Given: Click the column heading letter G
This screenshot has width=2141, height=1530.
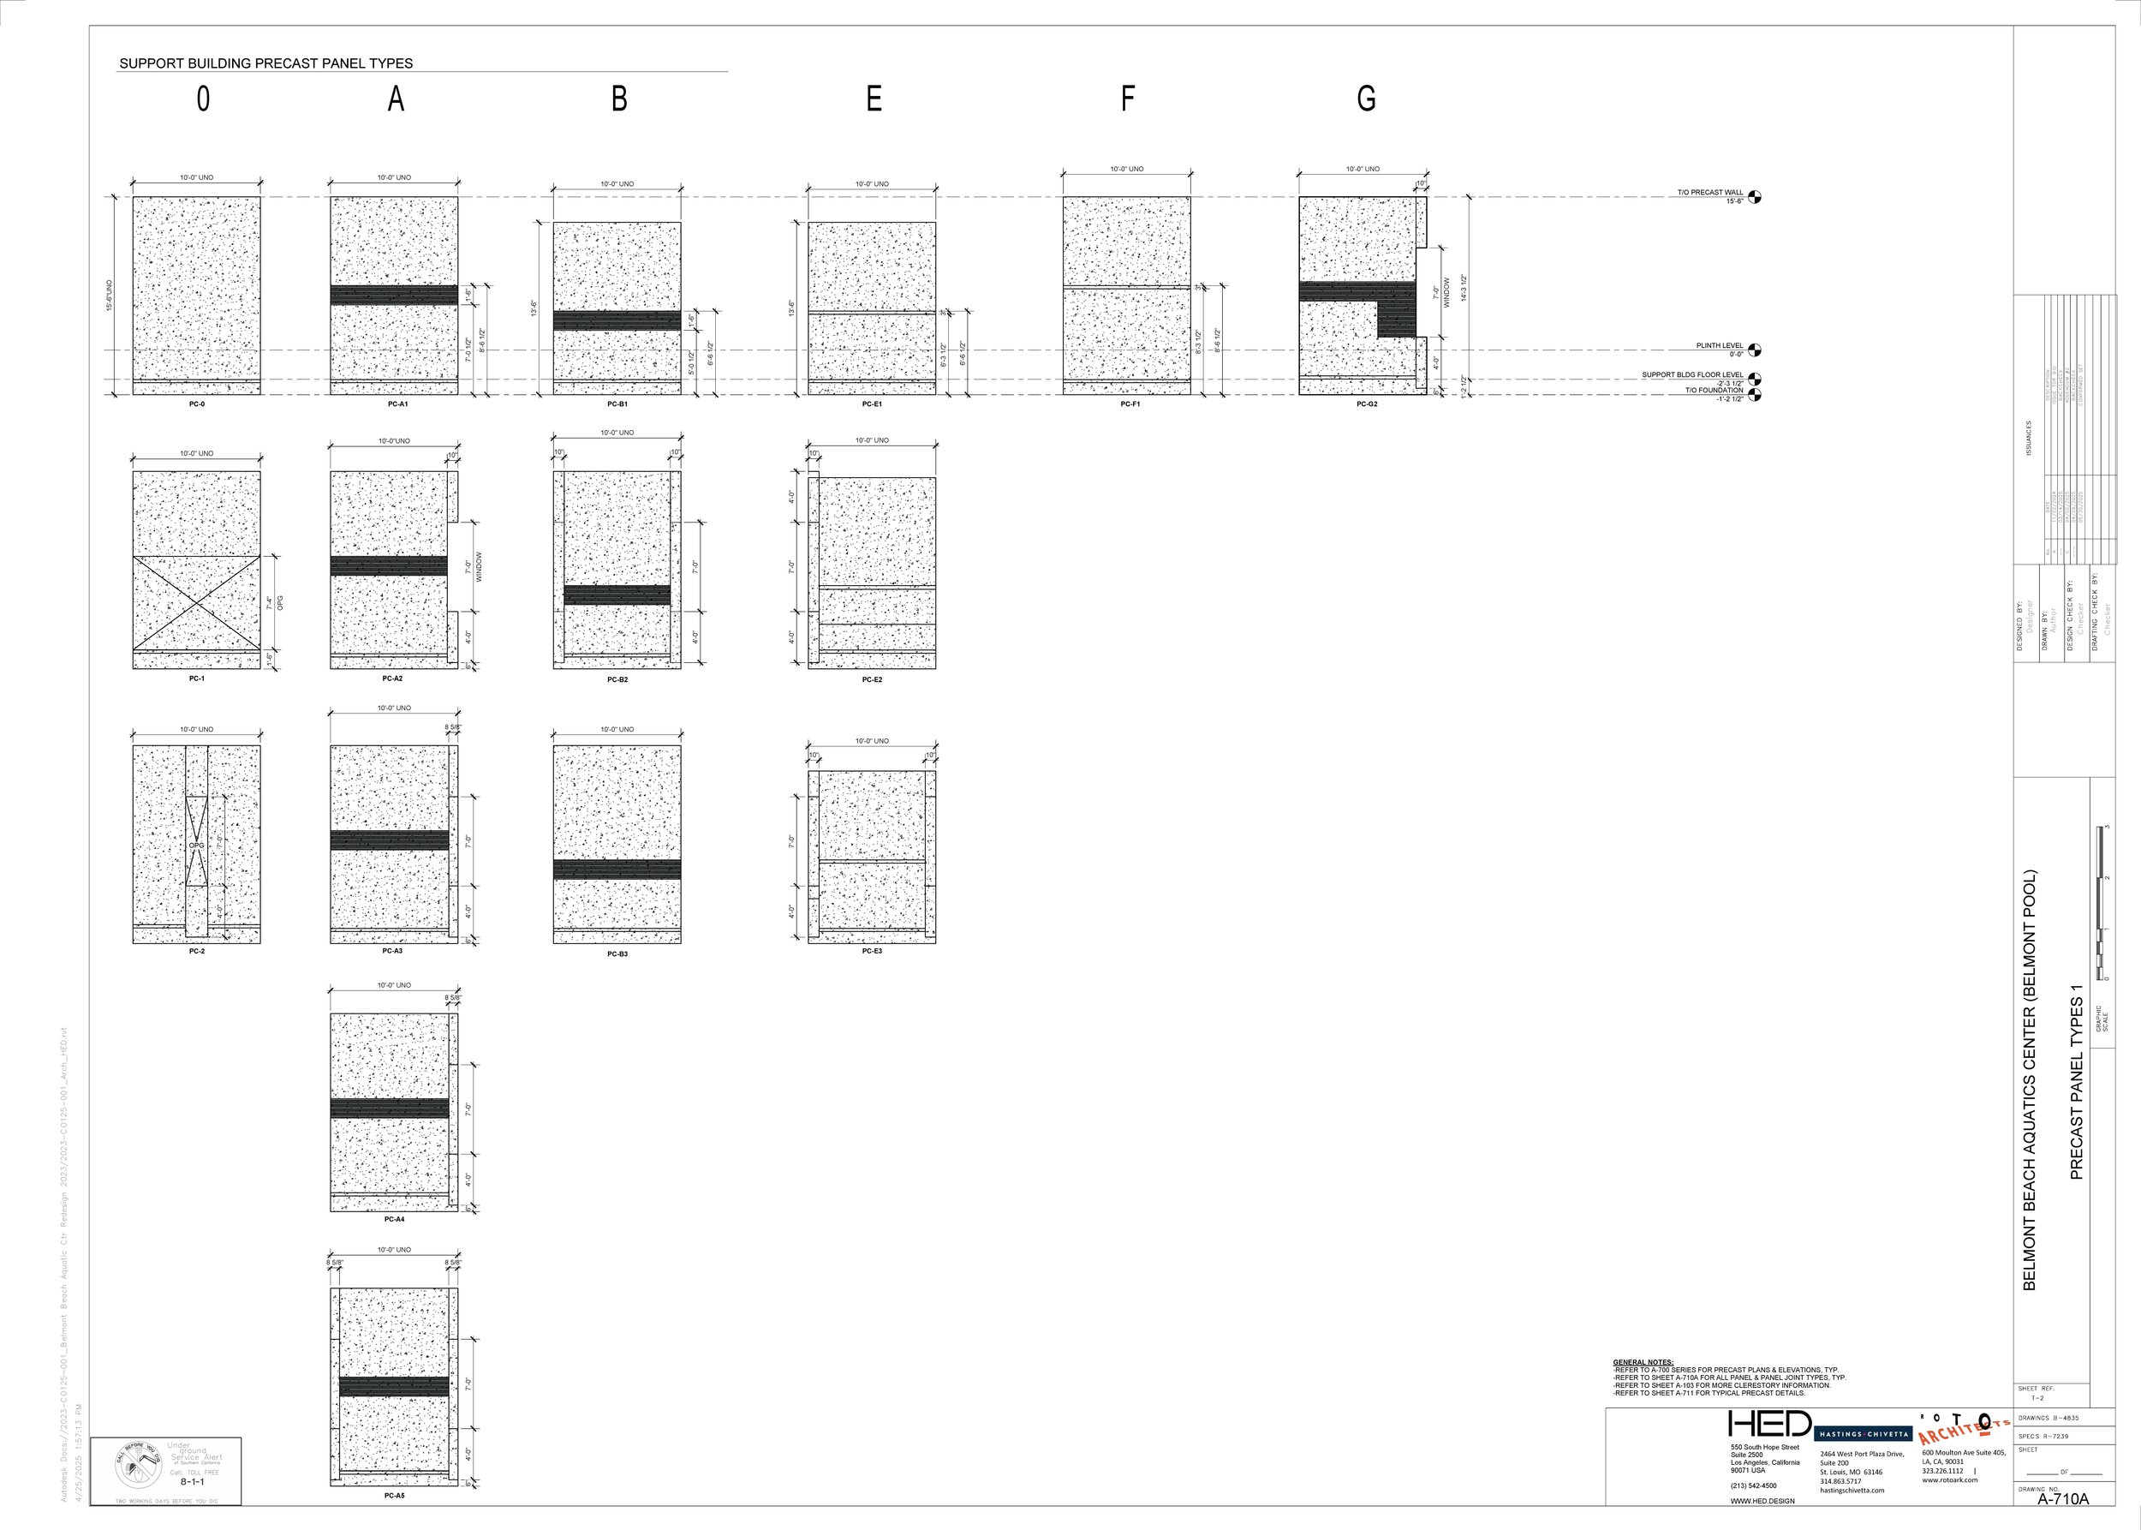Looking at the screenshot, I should tap(1366, 98).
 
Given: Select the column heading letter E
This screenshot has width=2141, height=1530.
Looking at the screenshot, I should tap(874, 98).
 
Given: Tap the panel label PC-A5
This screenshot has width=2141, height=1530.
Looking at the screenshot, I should tap(394, 1495).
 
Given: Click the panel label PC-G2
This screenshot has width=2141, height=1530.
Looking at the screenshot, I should tap(1367, 404).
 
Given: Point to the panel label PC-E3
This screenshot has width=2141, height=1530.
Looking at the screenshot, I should tap(872, 951).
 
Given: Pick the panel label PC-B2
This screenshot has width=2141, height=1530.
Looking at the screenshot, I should tap(617, 679).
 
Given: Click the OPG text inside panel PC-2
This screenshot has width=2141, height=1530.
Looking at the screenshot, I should tap(196, 845).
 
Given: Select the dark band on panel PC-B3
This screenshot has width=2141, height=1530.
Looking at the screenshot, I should tap(617, 869).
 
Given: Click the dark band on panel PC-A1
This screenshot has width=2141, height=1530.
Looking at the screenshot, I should tap(394, 295).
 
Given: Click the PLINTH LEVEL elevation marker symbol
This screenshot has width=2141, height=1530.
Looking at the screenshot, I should tap(1754, 350).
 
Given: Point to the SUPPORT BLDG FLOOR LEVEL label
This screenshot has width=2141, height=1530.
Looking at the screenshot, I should tap(1691, 375).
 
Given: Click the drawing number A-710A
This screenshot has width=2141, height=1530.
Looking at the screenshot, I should tap(2063, 1499).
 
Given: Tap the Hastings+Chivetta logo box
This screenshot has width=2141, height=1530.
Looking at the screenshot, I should tap(1862, 1434).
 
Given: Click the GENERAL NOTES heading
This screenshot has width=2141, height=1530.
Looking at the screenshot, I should tap(1643, 1362).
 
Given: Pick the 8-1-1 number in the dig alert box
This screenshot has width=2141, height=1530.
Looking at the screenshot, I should tap(192, 1482).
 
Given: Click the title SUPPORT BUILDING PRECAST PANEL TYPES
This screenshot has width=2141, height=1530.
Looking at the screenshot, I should tap(265, 63).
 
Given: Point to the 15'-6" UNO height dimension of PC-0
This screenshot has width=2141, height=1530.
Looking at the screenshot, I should tap(110, 296).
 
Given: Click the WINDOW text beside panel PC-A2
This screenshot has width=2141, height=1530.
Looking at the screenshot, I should tap(479, 567).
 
